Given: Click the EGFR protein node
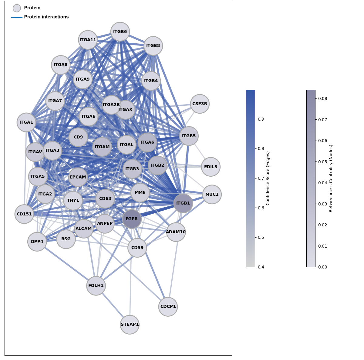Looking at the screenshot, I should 132,219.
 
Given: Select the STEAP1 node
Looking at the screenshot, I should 130,325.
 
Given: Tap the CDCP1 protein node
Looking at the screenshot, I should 168,307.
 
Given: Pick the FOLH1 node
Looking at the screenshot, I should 96,286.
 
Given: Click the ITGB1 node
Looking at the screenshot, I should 183,203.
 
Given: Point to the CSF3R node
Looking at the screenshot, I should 200,104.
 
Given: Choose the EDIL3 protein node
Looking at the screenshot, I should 211,167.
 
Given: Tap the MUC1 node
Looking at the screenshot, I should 212,195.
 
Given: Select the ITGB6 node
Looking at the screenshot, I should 120,32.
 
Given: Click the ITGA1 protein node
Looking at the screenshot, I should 26,122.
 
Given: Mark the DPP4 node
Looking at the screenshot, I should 37,242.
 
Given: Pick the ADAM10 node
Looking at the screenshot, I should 176,232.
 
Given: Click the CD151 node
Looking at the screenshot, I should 24,214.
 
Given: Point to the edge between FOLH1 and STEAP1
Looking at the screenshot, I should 113,305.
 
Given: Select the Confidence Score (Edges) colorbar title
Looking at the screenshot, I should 268,178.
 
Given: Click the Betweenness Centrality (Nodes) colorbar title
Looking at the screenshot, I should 331,178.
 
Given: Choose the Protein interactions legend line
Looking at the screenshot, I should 17,17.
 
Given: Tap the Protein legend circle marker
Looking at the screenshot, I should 17,8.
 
